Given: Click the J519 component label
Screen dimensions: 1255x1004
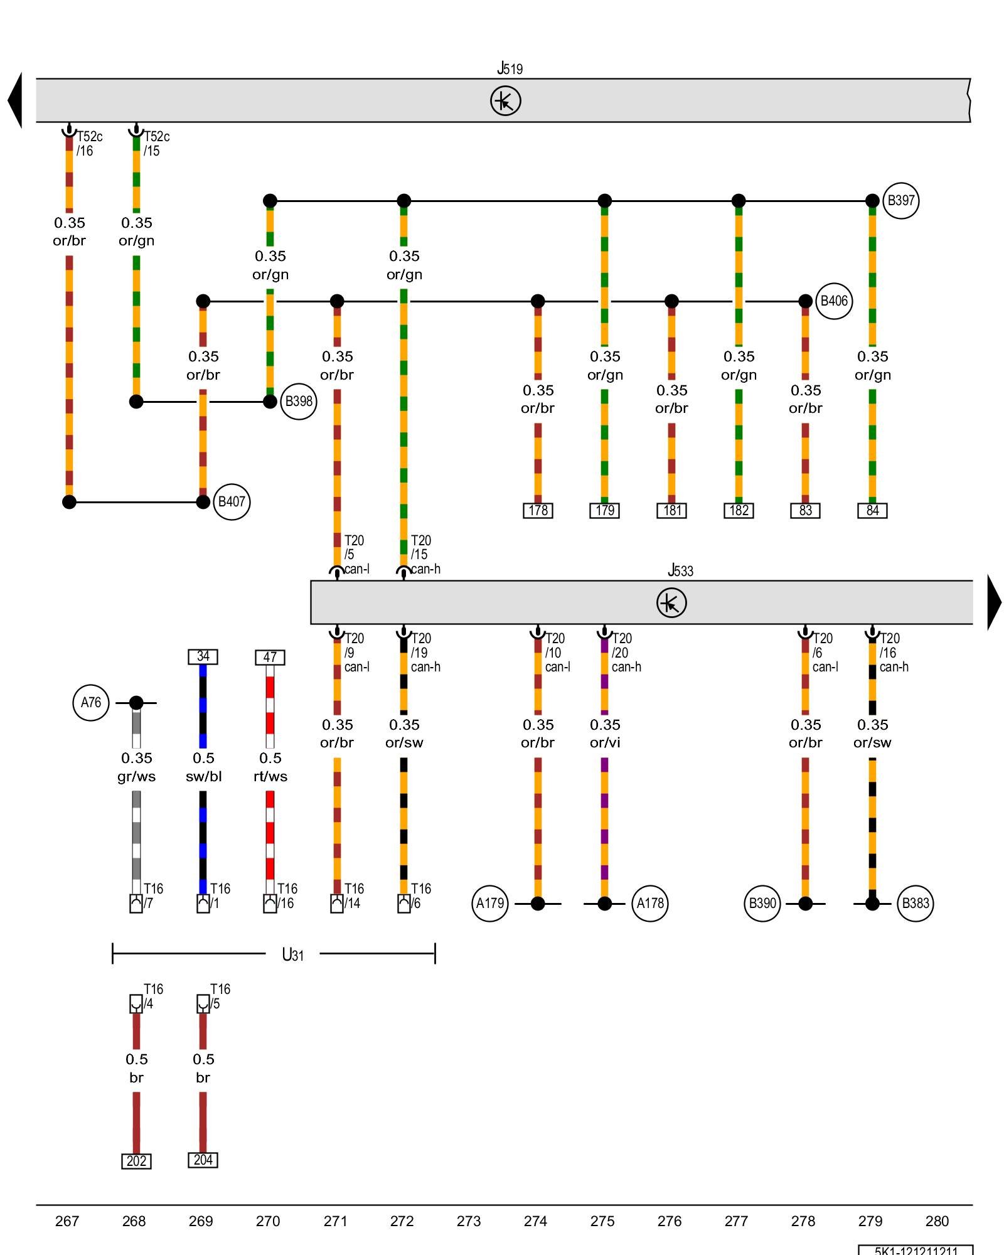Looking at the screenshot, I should (x=510, y=68).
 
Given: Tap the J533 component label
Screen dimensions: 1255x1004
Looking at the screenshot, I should (x=680, y=570).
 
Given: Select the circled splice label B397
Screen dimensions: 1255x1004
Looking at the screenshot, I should (x=900, y=201).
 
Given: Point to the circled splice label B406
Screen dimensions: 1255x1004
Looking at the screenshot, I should (x=834, y=301).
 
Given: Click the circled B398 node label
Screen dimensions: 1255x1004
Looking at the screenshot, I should (x=298, y=402).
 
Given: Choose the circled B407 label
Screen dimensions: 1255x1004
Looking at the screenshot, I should (x=232, y=502).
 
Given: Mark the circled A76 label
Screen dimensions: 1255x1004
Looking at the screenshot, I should (x=91, y=703).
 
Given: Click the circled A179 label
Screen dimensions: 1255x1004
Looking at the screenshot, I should (x=490, y=904).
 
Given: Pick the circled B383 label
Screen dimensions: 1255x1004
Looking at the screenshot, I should (x=915, y=904).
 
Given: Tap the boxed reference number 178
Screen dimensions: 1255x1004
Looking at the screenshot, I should (x=538, y=511).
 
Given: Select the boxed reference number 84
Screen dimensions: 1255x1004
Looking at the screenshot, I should (x=872, y=511).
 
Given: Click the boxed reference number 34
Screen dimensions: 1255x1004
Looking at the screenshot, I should (x=203, y=657).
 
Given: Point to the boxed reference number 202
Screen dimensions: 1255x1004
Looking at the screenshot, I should (x=136, y=1162).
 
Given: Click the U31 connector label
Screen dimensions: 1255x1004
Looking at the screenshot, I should (x=292, y=955).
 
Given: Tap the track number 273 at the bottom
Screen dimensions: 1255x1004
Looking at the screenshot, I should (x=469, y=1221).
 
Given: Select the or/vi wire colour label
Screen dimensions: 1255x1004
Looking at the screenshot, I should (x=605, y=743).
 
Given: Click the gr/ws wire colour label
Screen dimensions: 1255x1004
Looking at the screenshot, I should (x=136, y=777).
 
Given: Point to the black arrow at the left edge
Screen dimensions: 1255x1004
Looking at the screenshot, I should (x=16, y=100).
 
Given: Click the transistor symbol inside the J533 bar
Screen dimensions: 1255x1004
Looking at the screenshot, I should (x=671, y=603).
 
